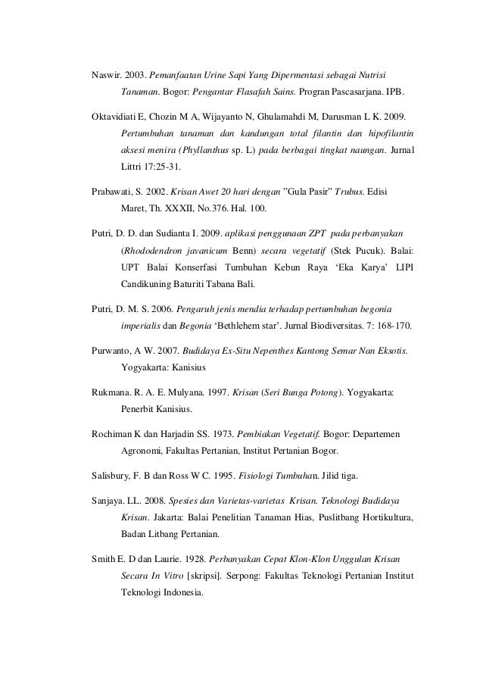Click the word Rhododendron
point(155,249)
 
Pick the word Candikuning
point(151,286)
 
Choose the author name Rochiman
point(105,436)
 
